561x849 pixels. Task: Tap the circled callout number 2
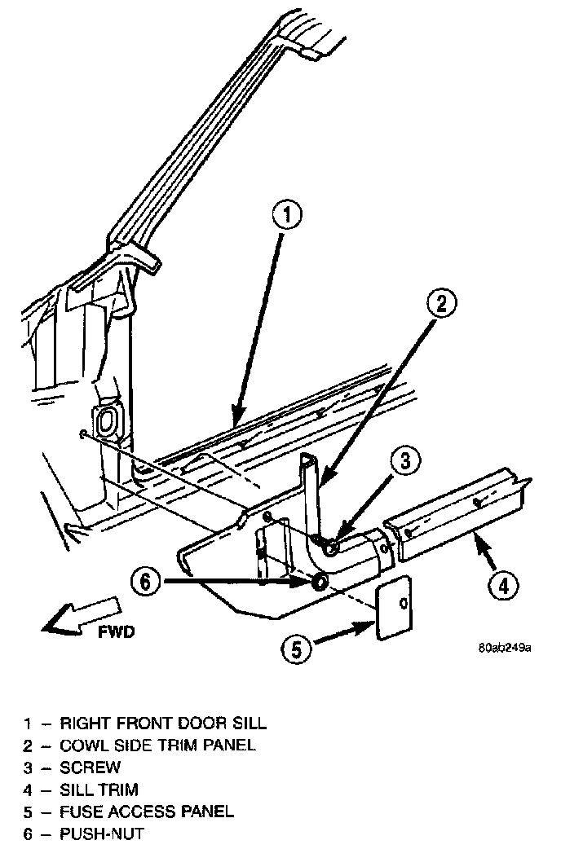(x=440, y=305)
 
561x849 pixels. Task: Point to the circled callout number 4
(x=502, y=583)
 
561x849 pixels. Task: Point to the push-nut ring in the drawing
(x=319, y=582)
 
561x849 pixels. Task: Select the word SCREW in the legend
(x=90, y=768)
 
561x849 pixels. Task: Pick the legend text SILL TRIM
(x=99, y=790)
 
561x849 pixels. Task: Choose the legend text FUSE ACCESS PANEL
(x=147, y=812)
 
